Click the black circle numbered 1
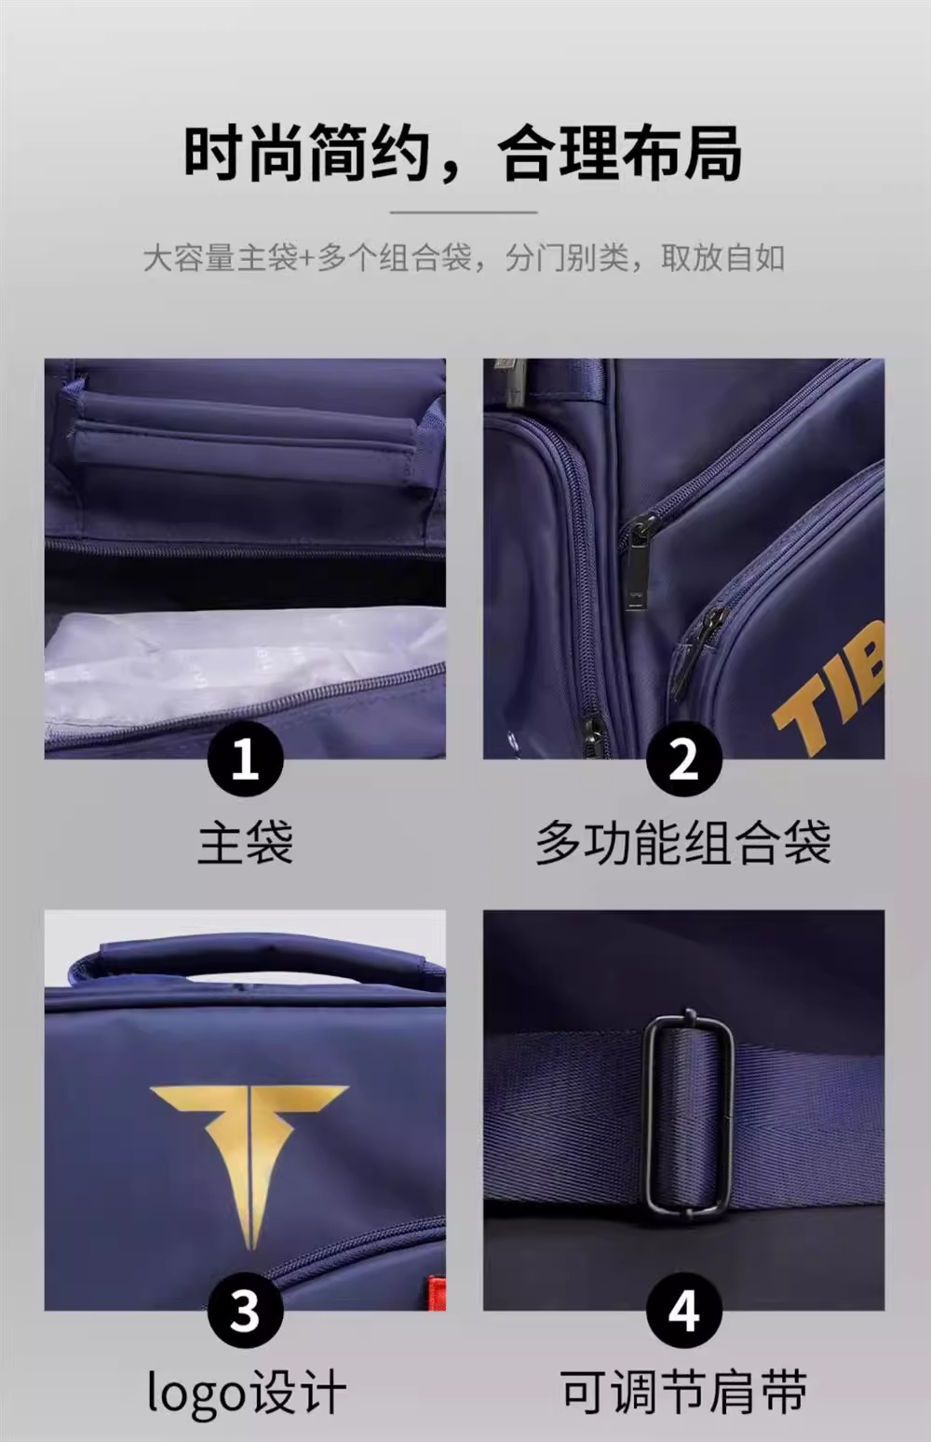[x=245, y=759]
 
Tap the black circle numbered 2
[x=684, y=759]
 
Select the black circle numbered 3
[x=245, y=1310]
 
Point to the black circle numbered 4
[x=684, y=1310]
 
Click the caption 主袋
[x=245, y=842]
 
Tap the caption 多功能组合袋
[x=683, y=842]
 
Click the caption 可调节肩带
[x=684, y=1392]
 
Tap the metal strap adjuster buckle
[x=688, y=1116]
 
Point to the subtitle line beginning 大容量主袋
[x=464, y=258]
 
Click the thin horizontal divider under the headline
[x=464, y=211]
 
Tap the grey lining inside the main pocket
[x=245, y=663]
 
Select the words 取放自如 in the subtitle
[x=723, y=258]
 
